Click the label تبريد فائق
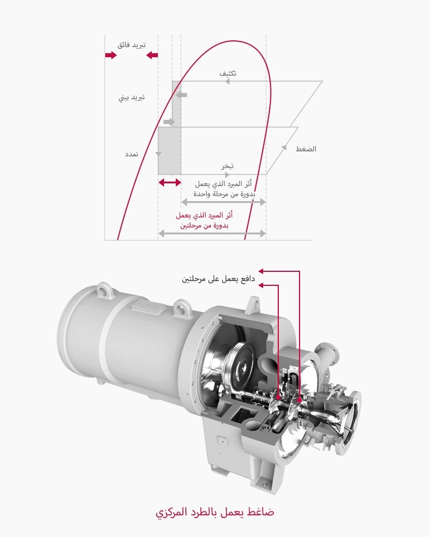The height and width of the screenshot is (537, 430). tap(131, 44)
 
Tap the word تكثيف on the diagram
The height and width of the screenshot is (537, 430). tap(227, 73)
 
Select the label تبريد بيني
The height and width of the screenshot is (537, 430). tap(132, 98)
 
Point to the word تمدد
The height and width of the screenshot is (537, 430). tap(132, 153)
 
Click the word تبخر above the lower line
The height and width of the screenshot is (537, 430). tap(227, 166)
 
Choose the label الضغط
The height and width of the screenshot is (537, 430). tap(306, 149)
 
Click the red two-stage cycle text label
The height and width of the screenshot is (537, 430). tap(204, 220)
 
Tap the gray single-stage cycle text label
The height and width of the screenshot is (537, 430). tap(223, 189)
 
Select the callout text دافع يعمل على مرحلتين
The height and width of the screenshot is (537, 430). tap(218, 279)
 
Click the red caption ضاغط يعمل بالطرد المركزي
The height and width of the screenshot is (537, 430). tap(214, 512)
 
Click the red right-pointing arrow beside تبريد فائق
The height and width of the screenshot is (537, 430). tap(111, 55)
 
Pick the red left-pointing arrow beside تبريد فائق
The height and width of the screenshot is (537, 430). tap(151, 55)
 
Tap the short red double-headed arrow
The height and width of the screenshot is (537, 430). tap(170, 183)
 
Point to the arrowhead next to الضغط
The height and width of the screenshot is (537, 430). tap(284, 148)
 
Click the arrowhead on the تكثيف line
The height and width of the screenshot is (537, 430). tap(227, 81)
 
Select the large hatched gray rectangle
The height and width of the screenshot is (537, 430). tap(170, 151)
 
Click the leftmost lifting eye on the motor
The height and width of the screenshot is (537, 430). tap(101, 290)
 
